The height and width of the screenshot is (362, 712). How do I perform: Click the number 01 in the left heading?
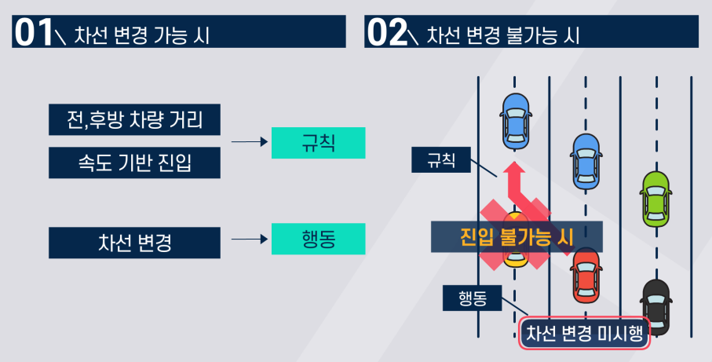pyautogui.click(x=32, y=35)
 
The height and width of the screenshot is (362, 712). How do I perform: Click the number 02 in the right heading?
pyautogui.click(x=385, y=35)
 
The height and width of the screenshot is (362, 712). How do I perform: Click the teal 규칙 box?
pyautogui.click(x=318, y=142)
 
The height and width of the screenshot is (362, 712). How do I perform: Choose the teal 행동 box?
pyautogui.click(x=318, y=239)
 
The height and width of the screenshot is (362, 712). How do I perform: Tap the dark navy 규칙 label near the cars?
pyautogui.click(x=440, y=160)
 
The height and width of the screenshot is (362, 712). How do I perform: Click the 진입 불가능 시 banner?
pyautogui.click(x=517, y=236)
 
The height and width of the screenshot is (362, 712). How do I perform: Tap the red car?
pyautogui.click(x=586, y=276)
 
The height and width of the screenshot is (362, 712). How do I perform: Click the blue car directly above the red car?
pyautogui.click(x=585, y=160)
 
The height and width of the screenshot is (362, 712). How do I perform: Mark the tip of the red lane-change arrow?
pyautogui.click(x=514, y=163)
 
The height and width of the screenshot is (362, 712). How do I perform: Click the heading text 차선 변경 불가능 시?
pyautogui.click(x=503, y=35)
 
